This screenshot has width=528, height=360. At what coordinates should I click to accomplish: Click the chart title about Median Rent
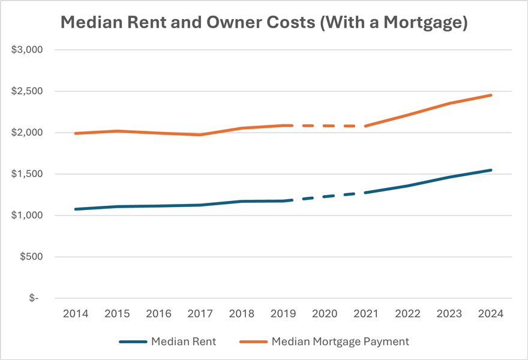pyautogui.click(x=263, y=23)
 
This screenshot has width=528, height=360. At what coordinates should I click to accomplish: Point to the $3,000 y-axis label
pyautogui.click(x=27, y=50)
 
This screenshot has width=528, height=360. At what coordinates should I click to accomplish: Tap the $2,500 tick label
pyautogui.click(x=27, y=91)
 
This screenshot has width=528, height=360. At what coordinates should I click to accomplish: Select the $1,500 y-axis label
pyautogui.click(x=27, y=174)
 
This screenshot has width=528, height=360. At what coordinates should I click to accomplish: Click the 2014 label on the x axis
pyautogui.click(x=75, y=313)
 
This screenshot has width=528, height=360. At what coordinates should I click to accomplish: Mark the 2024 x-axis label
pyautogui.click(x=490, y=313)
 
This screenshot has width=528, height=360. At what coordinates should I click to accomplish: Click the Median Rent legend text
pyautogui.click(x=184, y=341)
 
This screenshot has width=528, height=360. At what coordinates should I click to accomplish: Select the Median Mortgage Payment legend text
pyautogui.click(x=340, y=341)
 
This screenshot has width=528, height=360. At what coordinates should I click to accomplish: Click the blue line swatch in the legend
pyautogui.click(x=133, y=342)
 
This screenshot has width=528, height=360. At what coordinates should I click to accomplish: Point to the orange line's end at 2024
pyautogui.click(x=490, y=95)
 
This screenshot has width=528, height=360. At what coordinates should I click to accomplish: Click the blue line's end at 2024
pyautogui.click(x=490, y=170)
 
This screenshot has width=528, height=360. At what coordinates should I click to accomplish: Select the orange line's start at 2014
pyautogui.click(x=75, y=133)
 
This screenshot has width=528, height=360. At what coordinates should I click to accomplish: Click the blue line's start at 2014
pyautogui.click(x=75, y=209)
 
